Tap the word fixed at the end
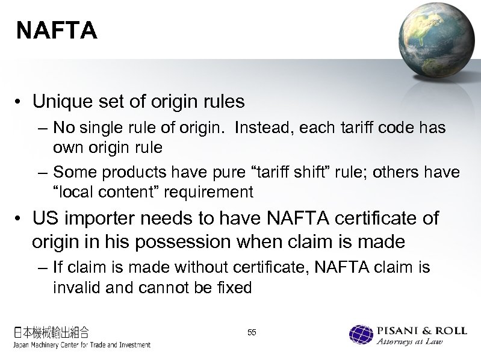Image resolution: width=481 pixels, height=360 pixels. pyautogui.click(x=232, y=288)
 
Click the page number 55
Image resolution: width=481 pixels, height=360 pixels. pyautogui.click(x=252, y=332)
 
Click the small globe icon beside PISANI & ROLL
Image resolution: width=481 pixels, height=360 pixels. pyautogui.click(x=361, y=335)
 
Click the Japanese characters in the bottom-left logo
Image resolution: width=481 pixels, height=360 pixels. pyautogui.click(x=52, y=331)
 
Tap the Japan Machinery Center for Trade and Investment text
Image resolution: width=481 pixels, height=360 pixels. pyautogui.click(x=82, y=345)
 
